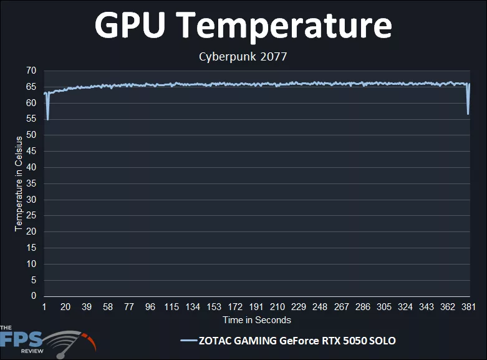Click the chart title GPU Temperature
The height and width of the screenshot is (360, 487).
point(243,26)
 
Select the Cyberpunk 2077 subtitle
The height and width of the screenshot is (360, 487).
point(243,57)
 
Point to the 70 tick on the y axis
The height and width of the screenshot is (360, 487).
point(31,71)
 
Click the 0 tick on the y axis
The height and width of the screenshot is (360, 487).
point(34,296)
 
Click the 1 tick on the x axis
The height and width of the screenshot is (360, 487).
point(44,307)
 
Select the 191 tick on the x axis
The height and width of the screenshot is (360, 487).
point(256,307)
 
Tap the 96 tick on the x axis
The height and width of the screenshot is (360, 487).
point(150,307)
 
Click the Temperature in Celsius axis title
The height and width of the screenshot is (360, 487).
point(19,183)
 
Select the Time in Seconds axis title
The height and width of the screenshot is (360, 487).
point(257,320)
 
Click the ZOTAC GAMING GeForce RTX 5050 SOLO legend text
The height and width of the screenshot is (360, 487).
point(297,341)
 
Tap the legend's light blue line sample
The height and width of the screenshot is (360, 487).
point(188,341)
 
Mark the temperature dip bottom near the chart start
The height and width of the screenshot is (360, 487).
point(47,119)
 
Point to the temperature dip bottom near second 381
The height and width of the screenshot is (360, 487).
point(468,114)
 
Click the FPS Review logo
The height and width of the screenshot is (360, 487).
point(44,341)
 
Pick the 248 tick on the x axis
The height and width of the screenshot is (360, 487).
point(320,307)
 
